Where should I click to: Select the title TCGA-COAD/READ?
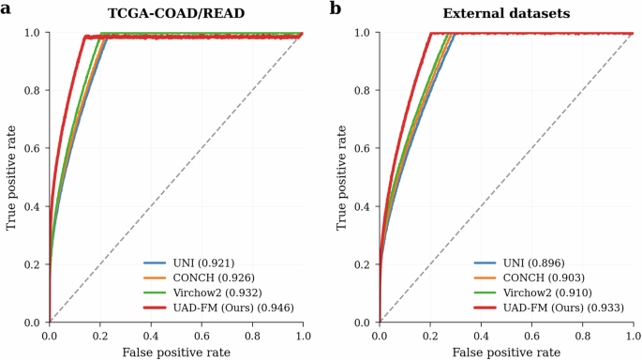click(x=176, y=12)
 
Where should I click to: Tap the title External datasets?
click(x=506, y=12)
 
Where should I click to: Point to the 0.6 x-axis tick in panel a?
click(x=202, y=334)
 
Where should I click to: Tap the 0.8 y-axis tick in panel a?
click(x=31, y=91)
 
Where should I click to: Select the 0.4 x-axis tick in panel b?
click(x=481, y=334)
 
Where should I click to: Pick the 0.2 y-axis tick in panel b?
click(x=361, y=264)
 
